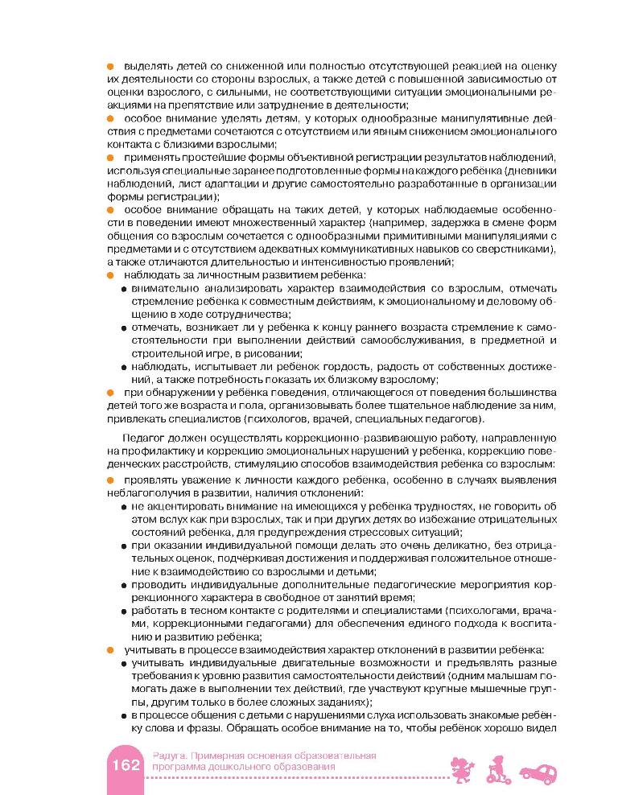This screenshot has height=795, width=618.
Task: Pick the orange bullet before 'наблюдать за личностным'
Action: pyautogui.click(x=110, y=275)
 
